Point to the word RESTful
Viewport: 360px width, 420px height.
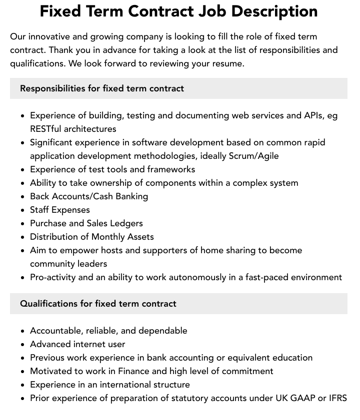(x=46, y=129)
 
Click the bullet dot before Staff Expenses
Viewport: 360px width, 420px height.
(x=23, y=210)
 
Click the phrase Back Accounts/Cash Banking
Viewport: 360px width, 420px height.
(x=89, y=196)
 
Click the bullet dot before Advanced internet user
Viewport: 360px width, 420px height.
(x=23, y=345)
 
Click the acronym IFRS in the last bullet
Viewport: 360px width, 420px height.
(x=337, y=398)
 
